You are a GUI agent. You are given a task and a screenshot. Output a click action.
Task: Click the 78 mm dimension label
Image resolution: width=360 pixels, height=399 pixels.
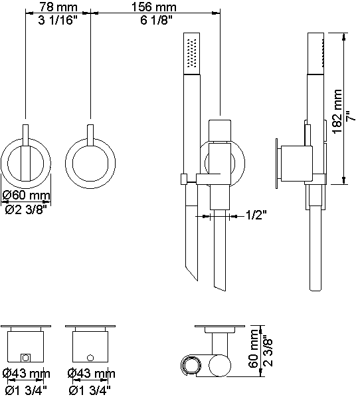tap(58, 7)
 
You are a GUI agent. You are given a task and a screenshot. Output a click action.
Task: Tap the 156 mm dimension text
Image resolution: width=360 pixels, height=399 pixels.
tap(154, 7)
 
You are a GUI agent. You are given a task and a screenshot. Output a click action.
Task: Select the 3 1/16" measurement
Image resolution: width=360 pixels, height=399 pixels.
tap(58, 20)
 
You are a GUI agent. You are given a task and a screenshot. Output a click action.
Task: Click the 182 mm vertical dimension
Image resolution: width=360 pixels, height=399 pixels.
tap(337, 111)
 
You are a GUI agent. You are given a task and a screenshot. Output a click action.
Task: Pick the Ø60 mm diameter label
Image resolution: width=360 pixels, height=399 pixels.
tap(26, 196)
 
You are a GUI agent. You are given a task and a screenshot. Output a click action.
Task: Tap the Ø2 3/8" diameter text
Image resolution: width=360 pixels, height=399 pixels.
tap(26, 209)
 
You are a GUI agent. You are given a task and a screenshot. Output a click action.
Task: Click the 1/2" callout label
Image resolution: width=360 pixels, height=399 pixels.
tap(256, 215)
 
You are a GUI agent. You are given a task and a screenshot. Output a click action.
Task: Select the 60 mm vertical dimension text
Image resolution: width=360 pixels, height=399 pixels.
tap(254, 348)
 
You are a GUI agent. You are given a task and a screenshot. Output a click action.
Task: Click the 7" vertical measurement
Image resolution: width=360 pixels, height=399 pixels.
tap(351, 116)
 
